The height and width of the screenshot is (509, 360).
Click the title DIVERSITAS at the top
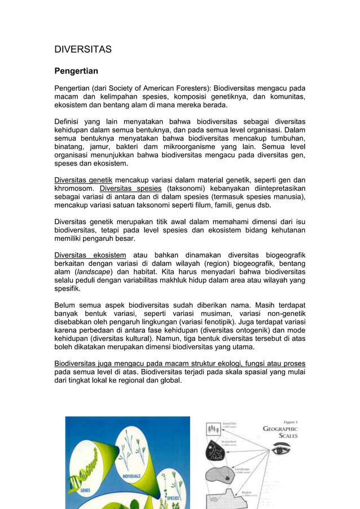click(82, 49)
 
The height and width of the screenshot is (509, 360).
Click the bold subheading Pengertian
click(76, 71)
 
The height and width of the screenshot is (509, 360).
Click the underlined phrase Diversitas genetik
click(80, 180)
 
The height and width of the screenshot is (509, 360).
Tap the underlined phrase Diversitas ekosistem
click(90, 255)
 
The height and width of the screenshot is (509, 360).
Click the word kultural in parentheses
click(133, 339)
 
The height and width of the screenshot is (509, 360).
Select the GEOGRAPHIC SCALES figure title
click(280, 432)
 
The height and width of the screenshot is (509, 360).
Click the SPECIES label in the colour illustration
click(173, 498)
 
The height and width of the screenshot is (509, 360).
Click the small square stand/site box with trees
click(214, 428)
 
